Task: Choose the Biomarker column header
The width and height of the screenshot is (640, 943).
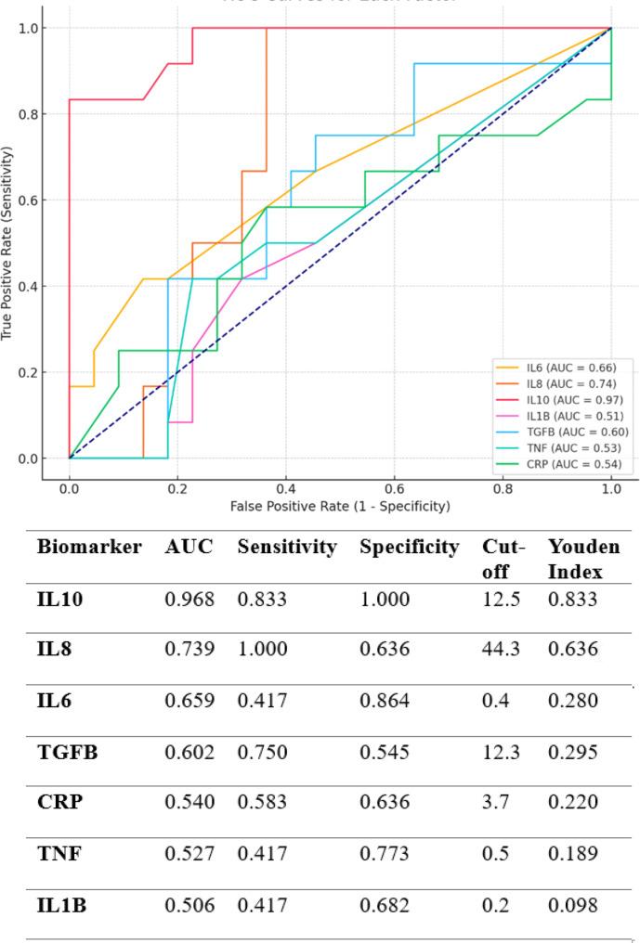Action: tap(89, 548)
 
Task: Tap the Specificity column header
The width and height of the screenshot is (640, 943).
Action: tap(409, 548)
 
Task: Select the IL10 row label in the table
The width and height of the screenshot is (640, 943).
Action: tap(59, 601)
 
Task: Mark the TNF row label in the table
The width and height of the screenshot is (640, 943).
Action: tap(58, 852)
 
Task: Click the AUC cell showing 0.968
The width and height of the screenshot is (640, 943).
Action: tap(189, 601)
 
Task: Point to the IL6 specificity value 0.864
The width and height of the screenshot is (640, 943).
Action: tap(385, 701)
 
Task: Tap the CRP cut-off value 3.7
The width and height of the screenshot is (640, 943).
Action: tap(495, 802)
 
